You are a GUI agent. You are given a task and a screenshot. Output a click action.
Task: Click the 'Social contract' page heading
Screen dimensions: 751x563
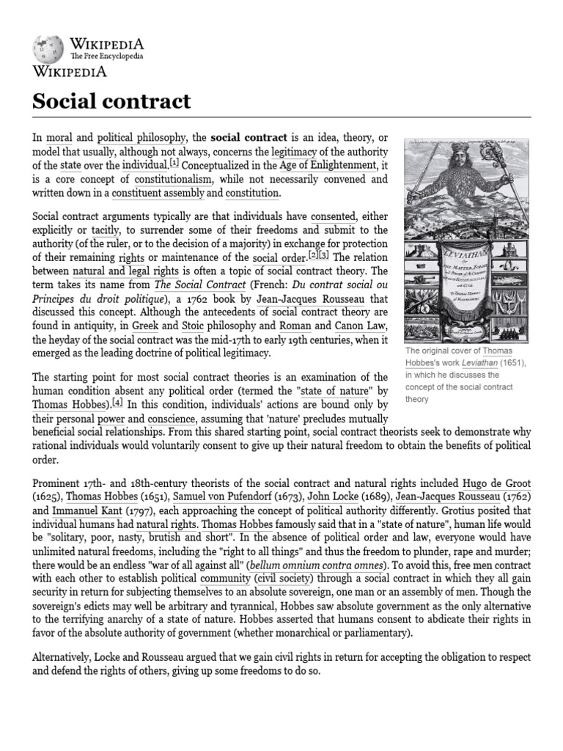pos(111,100)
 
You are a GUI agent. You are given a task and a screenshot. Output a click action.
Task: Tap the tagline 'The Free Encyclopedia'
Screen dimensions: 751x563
pos(106,56)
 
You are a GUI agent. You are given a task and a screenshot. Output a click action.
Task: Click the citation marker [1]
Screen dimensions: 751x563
pos(174,164)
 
